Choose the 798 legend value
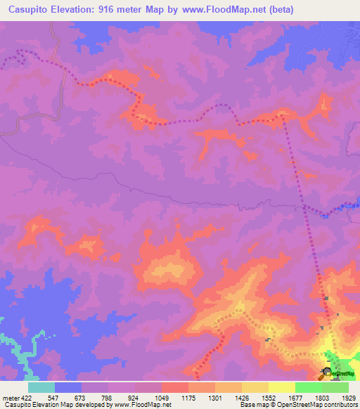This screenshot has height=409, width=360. coord(107,398)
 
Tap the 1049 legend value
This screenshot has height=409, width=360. coord(161,398)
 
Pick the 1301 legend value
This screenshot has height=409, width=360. coord(215,398)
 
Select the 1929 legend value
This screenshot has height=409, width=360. coord(347,398)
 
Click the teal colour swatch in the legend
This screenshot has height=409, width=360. coord(41,387)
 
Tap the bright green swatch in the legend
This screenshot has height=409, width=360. coord(308,387)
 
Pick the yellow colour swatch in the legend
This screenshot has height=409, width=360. coord(281,387)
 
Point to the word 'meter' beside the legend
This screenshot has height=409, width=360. coord(9,398)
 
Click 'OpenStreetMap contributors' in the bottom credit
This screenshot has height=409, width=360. coord(319,405)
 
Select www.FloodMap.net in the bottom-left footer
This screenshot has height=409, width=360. coord(142,405)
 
